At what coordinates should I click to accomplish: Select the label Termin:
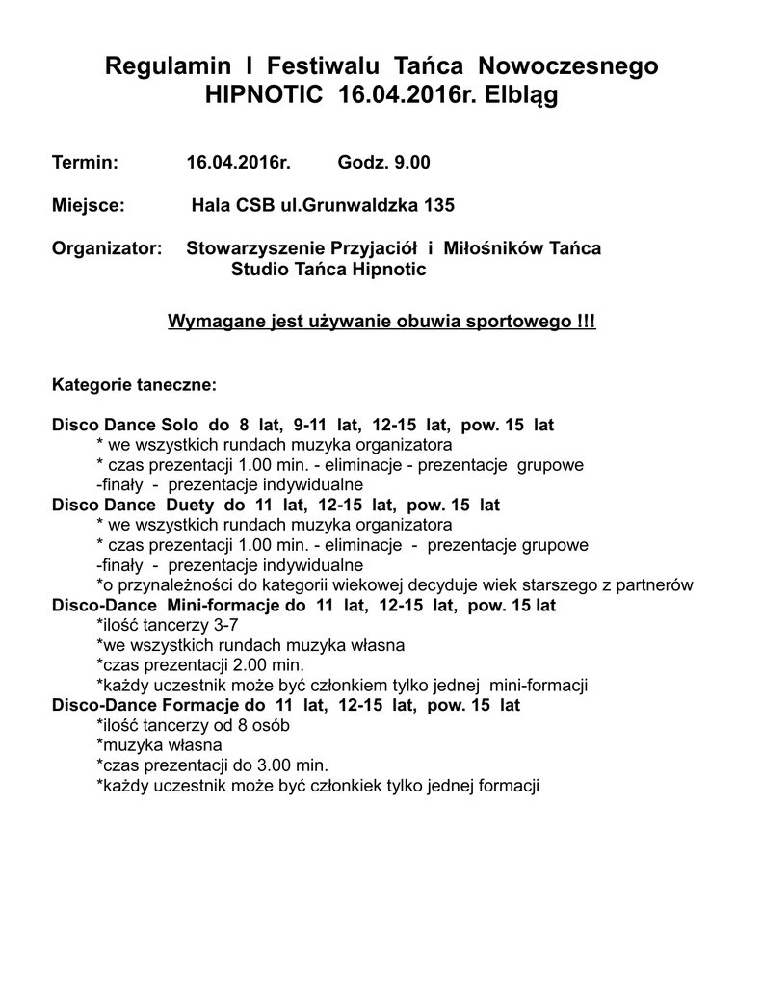click(85, 163)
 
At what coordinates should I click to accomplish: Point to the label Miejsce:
click(88, 205)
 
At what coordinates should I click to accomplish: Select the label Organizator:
click(107, 248)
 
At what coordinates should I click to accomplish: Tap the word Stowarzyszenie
click(252, 248)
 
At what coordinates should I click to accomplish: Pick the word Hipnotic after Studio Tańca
click(389, 270)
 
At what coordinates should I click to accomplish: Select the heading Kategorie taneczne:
click(134, 385)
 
